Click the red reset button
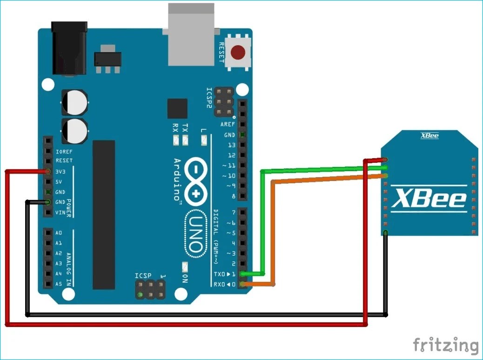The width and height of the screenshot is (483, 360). (x=239, y=52)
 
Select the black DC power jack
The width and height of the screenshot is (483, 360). (x=69, y=48)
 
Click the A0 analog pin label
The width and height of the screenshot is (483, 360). (x=59, y=233)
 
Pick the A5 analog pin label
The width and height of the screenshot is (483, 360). (x=59, y=284)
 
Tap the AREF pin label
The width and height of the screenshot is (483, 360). (x=228, y=125)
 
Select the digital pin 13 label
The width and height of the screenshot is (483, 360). (x=231, y=145)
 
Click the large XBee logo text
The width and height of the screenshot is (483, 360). (x=429, y=199)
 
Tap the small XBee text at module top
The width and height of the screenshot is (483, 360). (x=429, y=136)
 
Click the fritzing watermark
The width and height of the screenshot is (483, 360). (x=445, y=346)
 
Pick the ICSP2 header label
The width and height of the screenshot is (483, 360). (x=210, y=98)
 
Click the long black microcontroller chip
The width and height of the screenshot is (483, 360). (x=103, y=214)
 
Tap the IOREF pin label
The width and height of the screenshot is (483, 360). (x=63, y=152)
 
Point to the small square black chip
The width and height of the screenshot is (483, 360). (x=177, y=108)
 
